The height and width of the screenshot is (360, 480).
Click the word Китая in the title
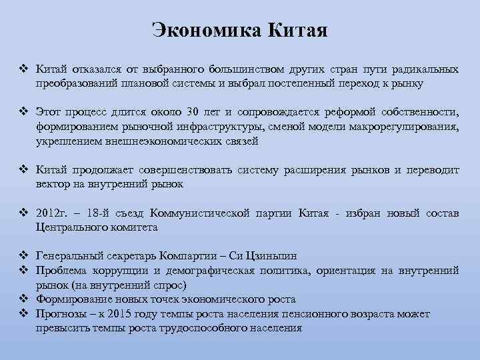(x=297, y=30)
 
